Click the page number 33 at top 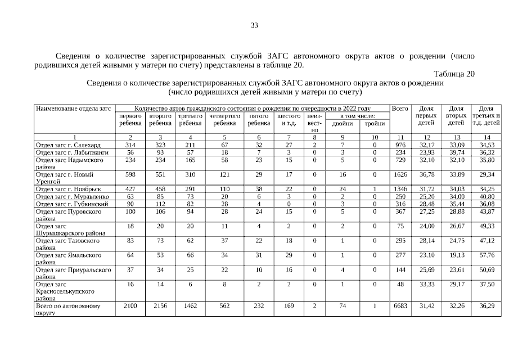pyautogui.click(x=254, y=25)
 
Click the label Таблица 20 pyautogui.click(x=454, y=74)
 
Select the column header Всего pyautogui.click(x=400, y=107)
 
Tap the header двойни pyautogui.click(x=342, y=123)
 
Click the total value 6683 pyautogui.click(x=400, y=306)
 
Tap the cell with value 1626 pyautogui.click(x=400, y=174)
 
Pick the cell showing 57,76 pyautogui.click(x=487, y=255)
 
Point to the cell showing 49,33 pyautogui.click(x=487, y=226)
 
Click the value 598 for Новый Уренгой pyautogui.click(x=130, y=174)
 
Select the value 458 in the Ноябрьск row pyautogui.click(x=160, y=188)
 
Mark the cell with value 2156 pyautogui.click(x=160, y=306)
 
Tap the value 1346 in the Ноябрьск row pyautogui.click(x=400, y=188)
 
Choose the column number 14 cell pyautogui.click(x=487, y=137)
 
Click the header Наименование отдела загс pyautogui.click(x=73, y=107)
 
